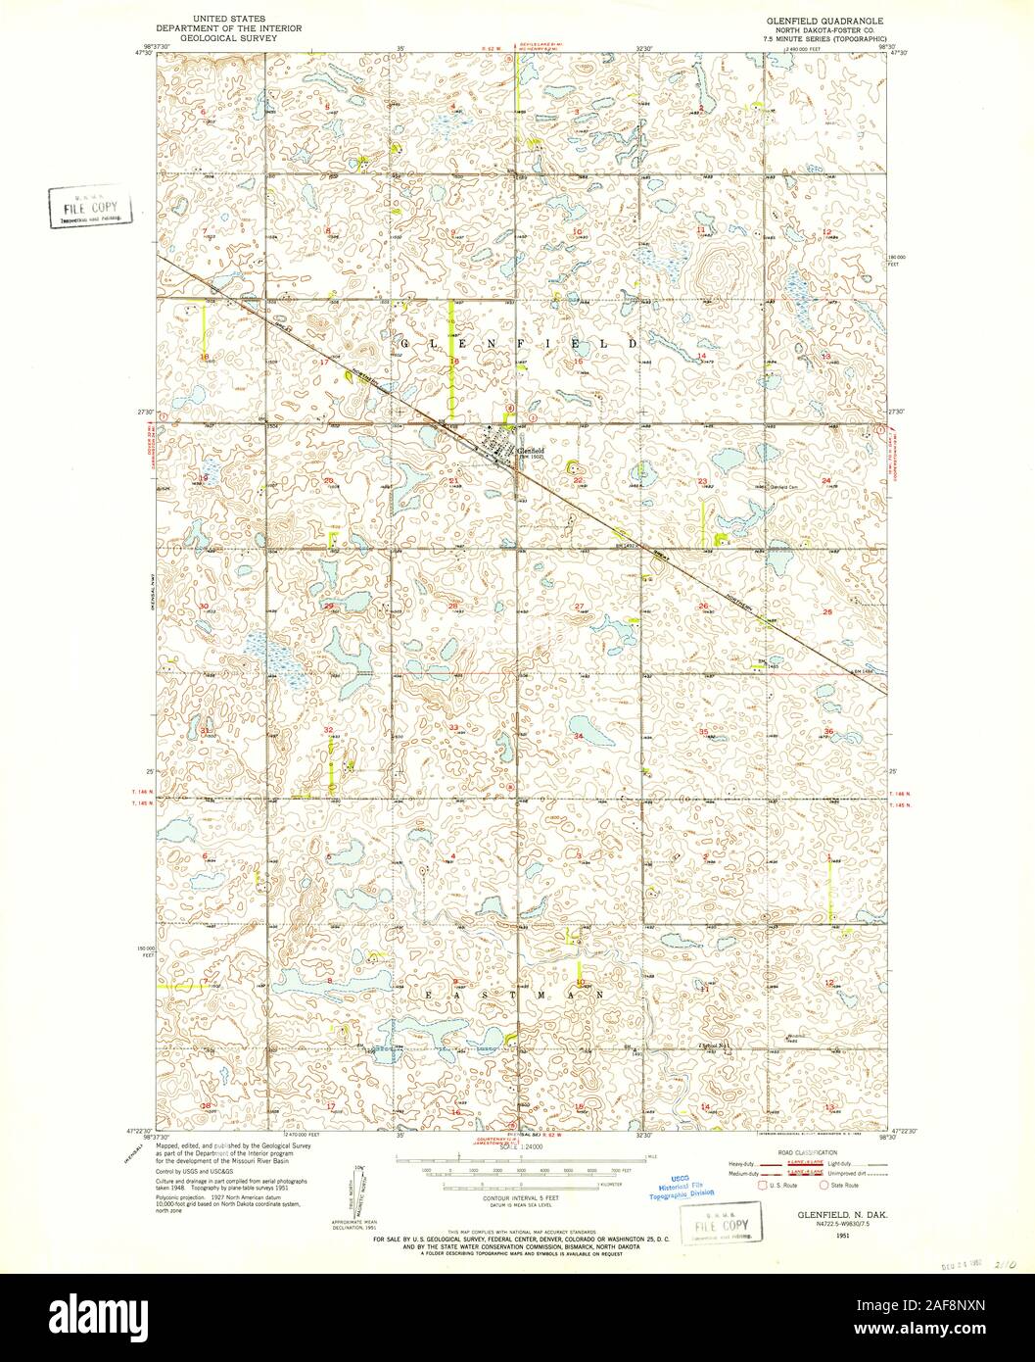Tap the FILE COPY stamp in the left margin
click(x=90, y=208)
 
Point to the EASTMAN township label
click(x=517, y=994)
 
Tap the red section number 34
click(x=579, y=735)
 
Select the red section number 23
click(x=702, y=480)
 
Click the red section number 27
click(x=580, y=608)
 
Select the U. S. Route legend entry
click(x=777, y=1185)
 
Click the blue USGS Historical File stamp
click(x=679, y=1188)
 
